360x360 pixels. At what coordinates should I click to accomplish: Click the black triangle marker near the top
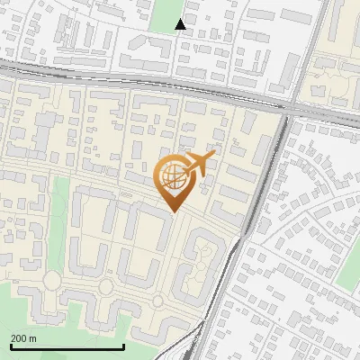pos(181,24)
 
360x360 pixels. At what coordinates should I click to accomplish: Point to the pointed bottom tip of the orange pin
pos(172,211)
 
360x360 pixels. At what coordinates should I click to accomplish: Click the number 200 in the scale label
pos(20,338)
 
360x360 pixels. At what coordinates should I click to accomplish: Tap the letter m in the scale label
pos(33,338)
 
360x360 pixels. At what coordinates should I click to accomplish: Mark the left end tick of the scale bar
pos(11,346)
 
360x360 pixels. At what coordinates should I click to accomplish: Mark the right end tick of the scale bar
pos(123,346)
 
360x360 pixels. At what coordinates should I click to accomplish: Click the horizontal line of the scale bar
pos(67,347)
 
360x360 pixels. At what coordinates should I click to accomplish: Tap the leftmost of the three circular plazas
pos(51,281)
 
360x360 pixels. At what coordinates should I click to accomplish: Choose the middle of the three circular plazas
pos(106,288)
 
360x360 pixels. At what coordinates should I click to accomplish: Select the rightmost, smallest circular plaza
pos(157,300)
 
